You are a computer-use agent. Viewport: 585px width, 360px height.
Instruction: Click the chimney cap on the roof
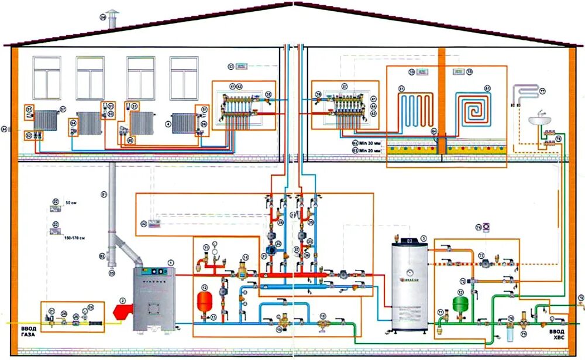coord(111,14)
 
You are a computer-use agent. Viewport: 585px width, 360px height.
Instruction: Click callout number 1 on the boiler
coord(171,262)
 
